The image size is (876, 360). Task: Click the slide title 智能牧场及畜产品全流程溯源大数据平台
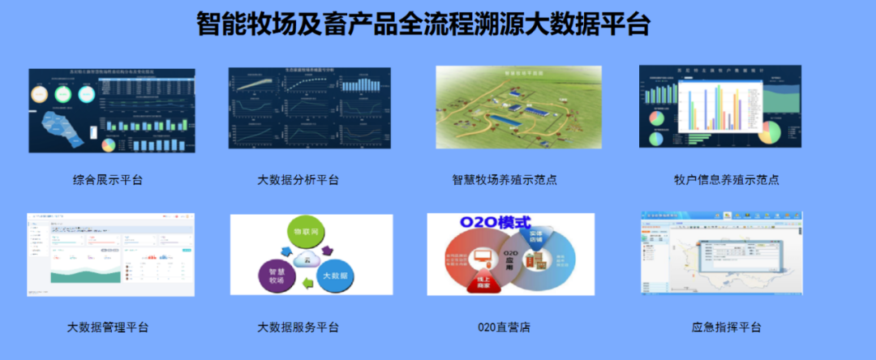(423, 24)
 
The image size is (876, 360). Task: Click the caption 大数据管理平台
(108, 328)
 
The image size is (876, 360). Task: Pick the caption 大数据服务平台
(298, 328)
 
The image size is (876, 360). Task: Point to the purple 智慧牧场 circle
(276, 275)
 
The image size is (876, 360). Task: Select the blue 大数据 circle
(336, 276)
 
